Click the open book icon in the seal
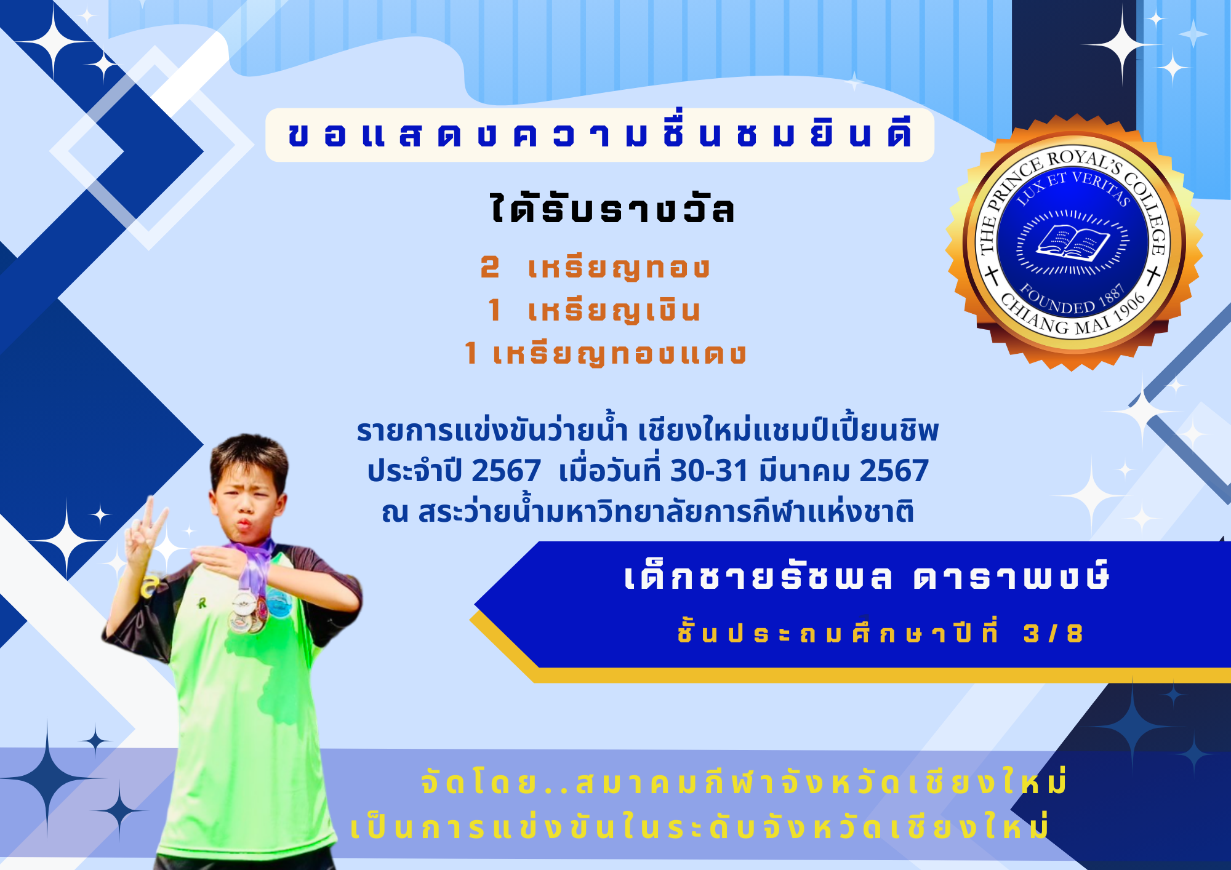(x=1073, y=242)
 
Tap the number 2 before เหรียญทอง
(x=490, y=267)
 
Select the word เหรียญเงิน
(x=614, y=311)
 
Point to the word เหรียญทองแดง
(x=619, y=354)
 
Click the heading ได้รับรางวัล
(x=612, y=207)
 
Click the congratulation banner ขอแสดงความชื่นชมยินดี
(x=599, y=135)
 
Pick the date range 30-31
(x=709, y=471)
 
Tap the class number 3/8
(x=1053, y=633)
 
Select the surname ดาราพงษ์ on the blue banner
(x=1011, y=577)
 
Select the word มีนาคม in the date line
(x=804, y=471)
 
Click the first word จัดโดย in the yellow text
(x=478, y=783)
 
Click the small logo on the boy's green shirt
(x=202, y=603)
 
